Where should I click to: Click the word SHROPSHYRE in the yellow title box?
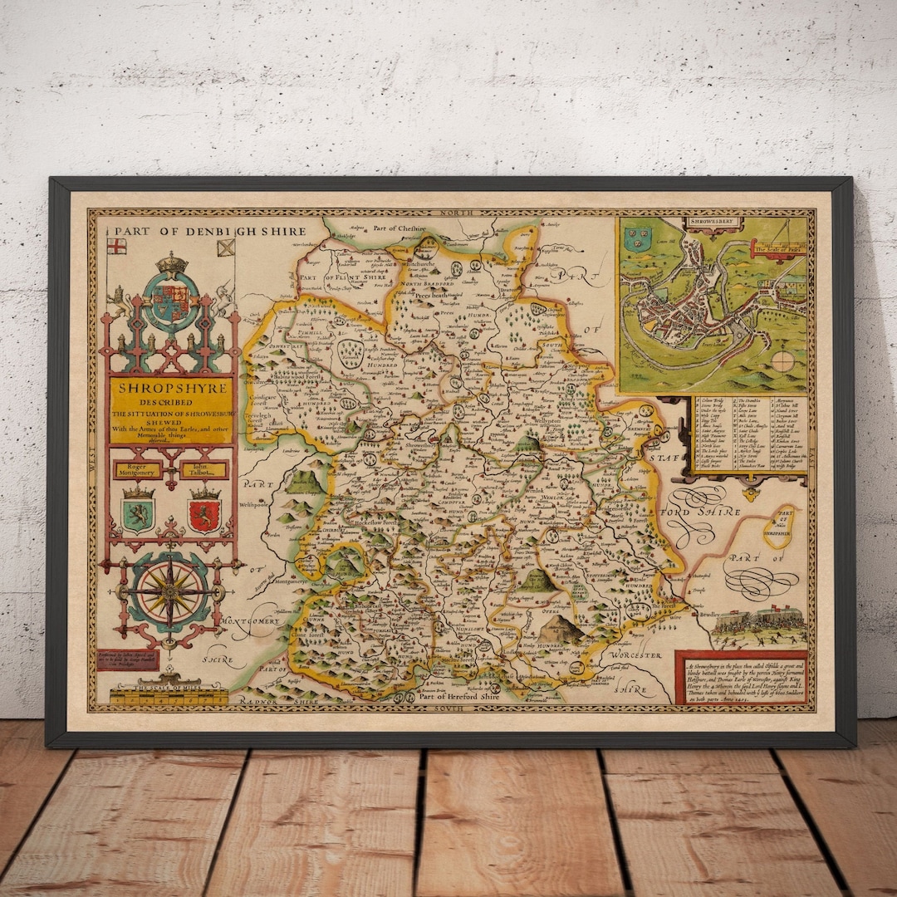click(172, 388)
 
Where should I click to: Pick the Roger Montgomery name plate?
click(138, 470)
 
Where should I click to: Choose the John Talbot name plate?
click(204, 470)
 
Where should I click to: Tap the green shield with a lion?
click(138, 512)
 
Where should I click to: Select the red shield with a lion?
click(204, 512)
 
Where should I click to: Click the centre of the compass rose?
click(172, 591)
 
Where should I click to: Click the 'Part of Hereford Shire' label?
click(459, 697)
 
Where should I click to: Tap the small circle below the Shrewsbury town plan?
click(782, 360)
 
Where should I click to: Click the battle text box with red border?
click(741, 677)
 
